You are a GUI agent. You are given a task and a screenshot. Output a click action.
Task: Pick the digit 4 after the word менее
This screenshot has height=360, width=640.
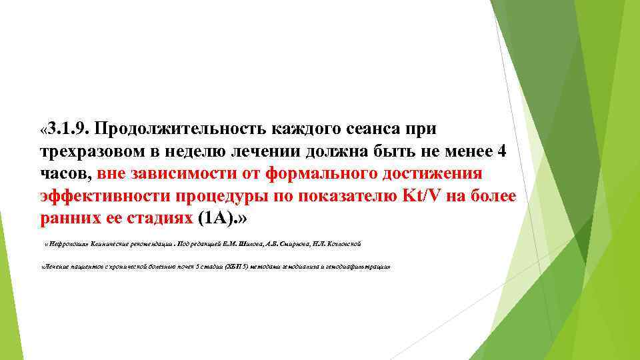click(x=501, y=151)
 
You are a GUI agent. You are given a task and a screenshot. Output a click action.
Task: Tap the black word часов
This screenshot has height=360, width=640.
click(x=65, y=174)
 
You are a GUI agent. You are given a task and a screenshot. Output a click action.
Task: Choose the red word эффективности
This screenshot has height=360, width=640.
click(x=105, y=197)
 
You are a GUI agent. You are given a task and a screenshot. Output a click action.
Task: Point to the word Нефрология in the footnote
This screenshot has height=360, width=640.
click(x=70, y=245)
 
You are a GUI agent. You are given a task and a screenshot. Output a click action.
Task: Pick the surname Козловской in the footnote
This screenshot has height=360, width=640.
click(x=341, y=245)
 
